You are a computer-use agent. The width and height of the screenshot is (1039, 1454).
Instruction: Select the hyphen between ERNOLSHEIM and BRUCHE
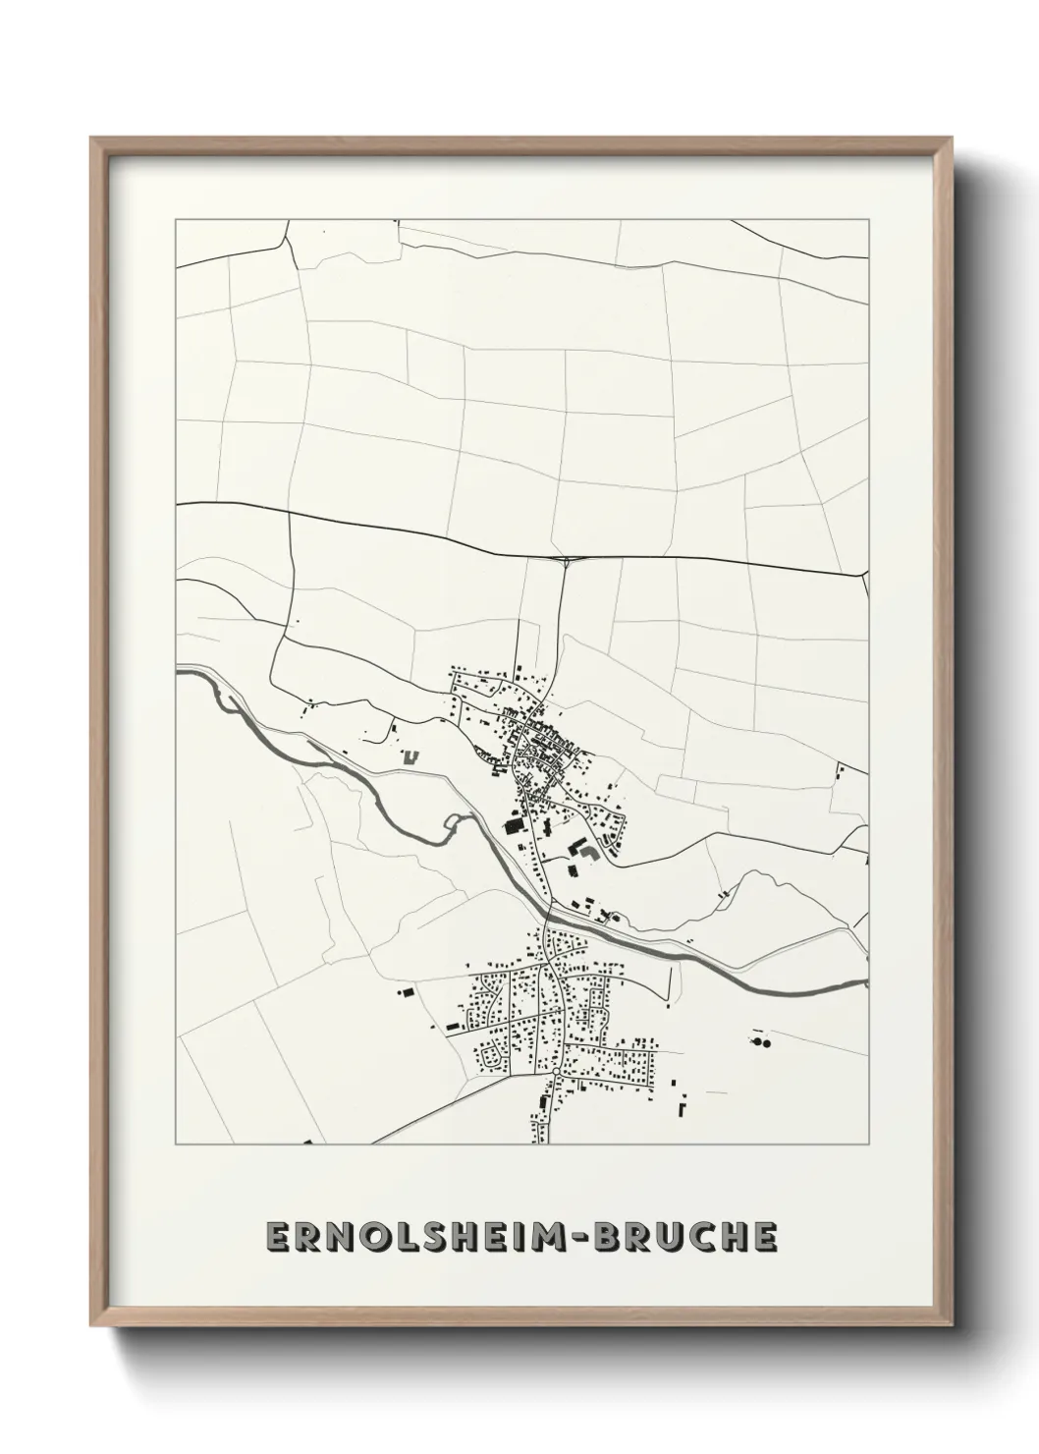coord(589,1239)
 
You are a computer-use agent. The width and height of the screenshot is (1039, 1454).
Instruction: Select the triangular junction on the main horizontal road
coord(568,562)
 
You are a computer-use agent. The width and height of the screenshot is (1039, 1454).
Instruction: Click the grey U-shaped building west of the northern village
coord(410,756)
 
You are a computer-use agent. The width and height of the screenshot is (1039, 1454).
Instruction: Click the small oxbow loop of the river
coord(452,822)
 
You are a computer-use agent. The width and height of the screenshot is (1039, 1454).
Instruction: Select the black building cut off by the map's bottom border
coord(307,1143)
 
